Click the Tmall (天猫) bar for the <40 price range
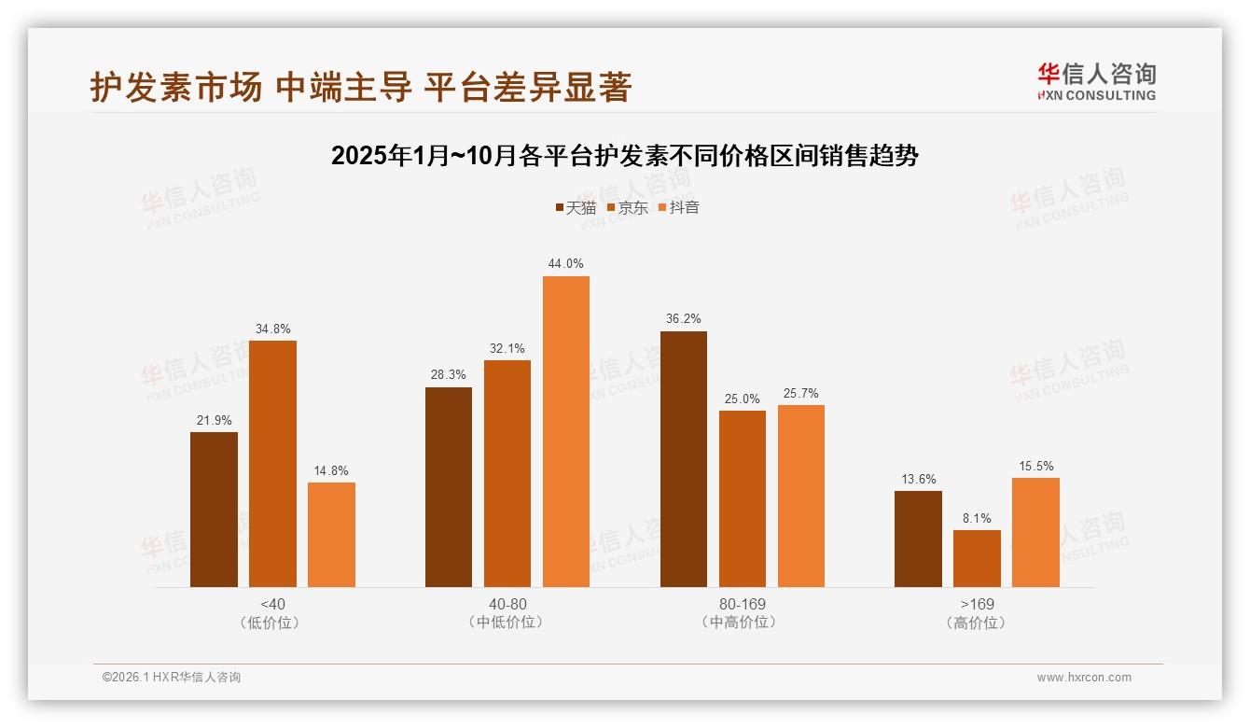(214, 510)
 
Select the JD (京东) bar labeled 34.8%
(272, 464)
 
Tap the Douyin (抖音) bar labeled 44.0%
(566, 431)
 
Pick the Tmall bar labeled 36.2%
(684, 459)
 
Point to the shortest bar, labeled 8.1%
(977, 558)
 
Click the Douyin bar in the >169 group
(1035, 532)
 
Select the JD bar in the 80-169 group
(743, 498)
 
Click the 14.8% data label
(331, 471)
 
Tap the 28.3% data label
(449, 374)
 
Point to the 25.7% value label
(800, 394)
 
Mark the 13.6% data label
(918, 480)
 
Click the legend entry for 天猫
(575, 207)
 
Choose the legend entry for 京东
(627, 207)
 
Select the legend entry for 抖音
(678, 207)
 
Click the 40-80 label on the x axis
(507, 604)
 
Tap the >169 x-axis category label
(977, 604)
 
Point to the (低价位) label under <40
(272, 623)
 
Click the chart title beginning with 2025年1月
(625, 156)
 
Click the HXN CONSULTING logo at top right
(1096, 81)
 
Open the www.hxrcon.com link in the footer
(1084, 678)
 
